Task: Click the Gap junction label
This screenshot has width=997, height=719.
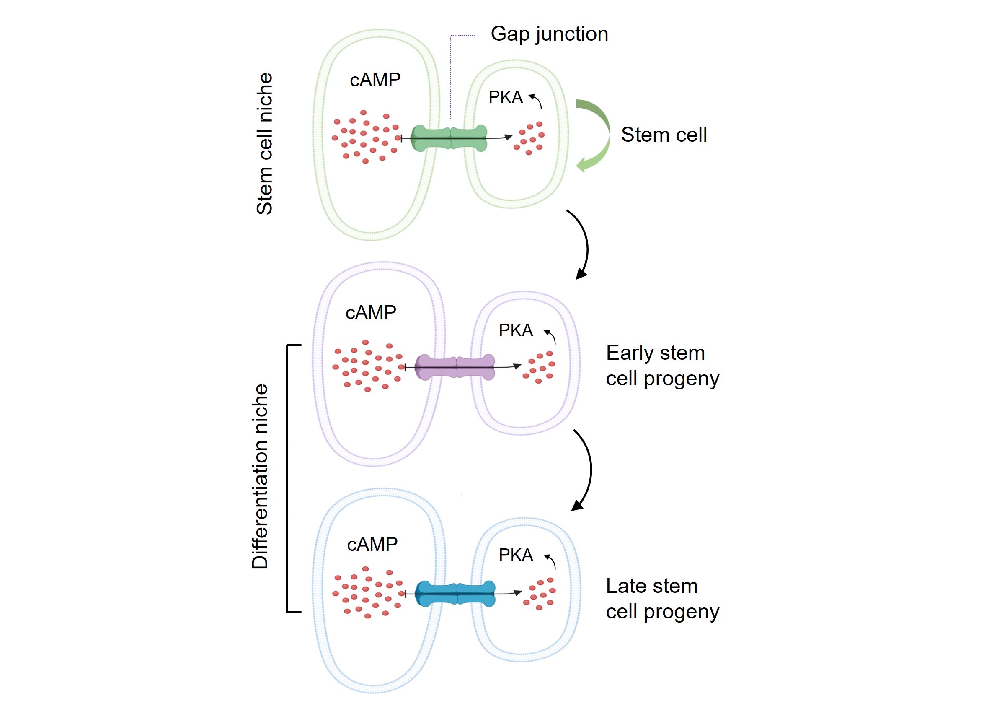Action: pyautogui.click(x=549, y=34)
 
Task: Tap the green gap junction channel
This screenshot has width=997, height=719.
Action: pyautogui.click(x=449, y=138)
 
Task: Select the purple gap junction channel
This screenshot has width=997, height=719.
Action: pyautogui.click(x=455, y=367)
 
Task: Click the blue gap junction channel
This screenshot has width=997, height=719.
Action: pyautogui.click(x=455, y=594)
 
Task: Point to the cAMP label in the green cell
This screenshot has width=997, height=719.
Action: pyautogui.click(x=375, y=80)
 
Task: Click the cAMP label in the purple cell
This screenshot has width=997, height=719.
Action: pyautogui.click(x=371, y=313)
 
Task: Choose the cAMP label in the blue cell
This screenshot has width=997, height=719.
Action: pyautogui.click(x=372, y=545)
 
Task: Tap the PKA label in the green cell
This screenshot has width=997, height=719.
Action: pyautogui.click(x=506, y=97)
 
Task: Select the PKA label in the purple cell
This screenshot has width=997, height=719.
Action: pyautogui.click(x=516, y=330)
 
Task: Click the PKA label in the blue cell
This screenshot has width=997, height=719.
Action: pyautogui.click(x=516, y=555)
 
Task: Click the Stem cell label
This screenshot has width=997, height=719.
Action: pyautogui.click(x=664, y=135)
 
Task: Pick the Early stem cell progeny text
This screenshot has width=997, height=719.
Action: pyautogui.click(x=662, y=366)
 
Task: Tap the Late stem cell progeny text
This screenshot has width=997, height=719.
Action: pyautogui.click(x=662, y=599)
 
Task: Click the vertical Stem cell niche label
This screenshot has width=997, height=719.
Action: pyautogui.click(x=265, y=144)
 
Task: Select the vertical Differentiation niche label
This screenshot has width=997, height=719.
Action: pyautogui.click(x=260, y=477)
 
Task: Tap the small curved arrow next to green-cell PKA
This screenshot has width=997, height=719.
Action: pyautogui.click(x=536, y=101)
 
